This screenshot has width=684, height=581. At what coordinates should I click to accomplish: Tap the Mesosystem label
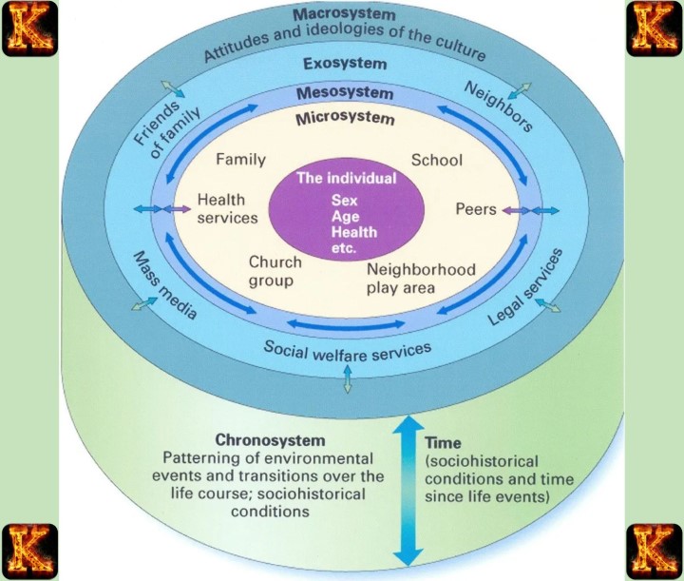(x=344, y=93)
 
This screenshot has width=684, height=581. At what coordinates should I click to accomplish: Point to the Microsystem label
(x=344, y=119)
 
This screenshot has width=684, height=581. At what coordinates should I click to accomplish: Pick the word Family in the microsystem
(x=240, y=160)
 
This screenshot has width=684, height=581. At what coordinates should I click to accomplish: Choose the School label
(x=436, y=160)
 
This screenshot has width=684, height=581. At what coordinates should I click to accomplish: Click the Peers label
(x=476, y=209)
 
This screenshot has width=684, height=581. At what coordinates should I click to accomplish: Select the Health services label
(x=227, y=209)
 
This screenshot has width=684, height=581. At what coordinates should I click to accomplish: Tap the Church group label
(x=275, y=271)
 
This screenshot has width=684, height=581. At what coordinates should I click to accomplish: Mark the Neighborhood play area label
(x=421, y=278)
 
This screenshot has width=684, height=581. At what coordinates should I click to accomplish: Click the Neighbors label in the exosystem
(x=497, y=106)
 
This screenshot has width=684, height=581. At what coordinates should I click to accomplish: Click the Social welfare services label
(x=347, y=355)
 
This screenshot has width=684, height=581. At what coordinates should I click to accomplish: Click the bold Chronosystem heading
(x=271, y=440)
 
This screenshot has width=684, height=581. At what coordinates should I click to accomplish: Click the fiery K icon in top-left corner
(x=28, y=29)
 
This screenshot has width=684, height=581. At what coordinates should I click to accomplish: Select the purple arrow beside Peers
(x=511, y=210)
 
